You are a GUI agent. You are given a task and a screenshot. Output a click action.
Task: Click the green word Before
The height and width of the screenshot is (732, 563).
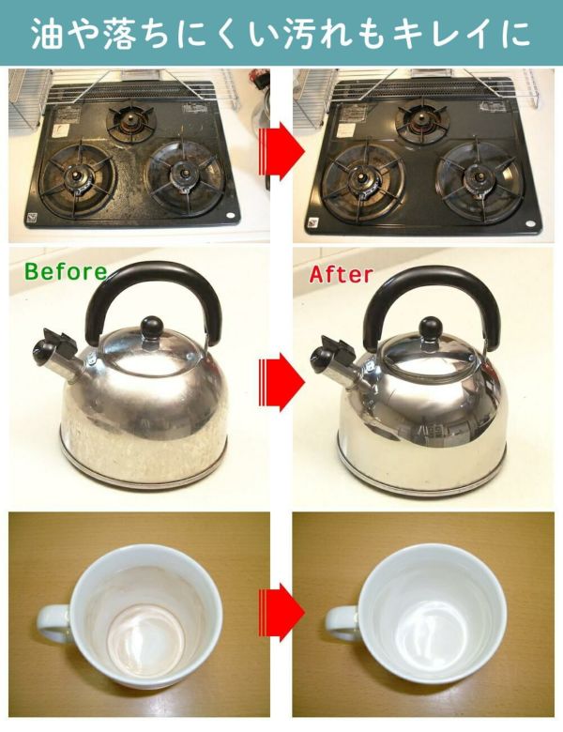pyautogui.click(x=66, y=271)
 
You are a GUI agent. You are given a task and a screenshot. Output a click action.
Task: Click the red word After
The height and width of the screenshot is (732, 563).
pyautogui.click(x=342, y=274)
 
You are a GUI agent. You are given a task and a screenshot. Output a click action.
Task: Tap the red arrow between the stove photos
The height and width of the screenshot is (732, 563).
pyautogui.click(x=281, y=151)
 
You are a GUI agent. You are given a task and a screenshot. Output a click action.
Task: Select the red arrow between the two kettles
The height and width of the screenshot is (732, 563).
pyautogui.click(x=281, y=382)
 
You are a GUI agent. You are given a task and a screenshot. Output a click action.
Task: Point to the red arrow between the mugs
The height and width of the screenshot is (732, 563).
pyautogui.click(x=281, y=612)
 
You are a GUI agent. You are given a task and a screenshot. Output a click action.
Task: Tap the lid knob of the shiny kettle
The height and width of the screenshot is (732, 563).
pyautogui.click(x=430, y=328)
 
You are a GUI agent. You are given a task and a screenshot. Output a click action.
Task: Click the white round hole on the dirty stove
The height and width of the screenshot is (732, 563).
pyautogui.click(x=231, y=215)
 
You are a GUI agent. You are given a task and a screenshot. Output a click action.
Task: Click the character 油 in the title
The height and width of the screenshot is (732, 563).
pyautogui.click(x=47, y=34)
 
